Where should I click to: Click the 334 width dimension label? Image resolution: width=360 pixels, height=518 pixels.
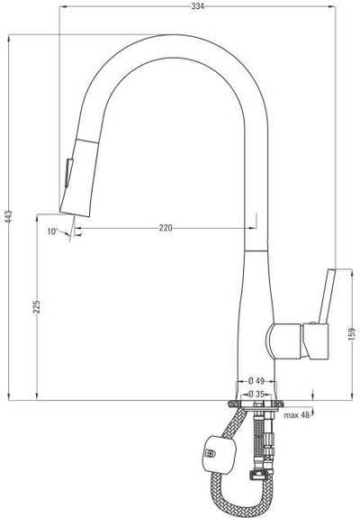tap(197, 6)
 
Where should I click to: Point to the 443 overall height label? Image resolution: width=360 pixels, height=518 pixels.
tap(9, 217)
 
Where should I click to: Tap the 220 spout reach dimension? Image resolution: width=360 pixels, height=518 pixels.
tap(166, 228)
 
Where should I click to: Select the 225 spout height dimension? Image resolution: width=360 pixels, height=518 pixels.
tap(37, 307)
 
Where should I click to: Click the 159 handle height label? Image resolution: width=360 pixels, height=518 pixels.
tap(352, 333)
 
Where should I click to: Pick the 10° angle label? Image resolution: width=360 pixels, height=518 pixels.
tap(52, 232)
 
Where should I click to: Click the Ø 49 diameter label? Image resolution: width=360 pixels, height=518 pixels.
tap(256, 381)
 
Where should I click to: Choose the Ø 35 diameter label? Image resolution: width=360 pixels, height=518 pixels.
tap(256, 394)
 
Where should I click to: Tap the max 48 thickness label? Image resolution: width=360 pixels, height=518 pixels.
tap(297, 415)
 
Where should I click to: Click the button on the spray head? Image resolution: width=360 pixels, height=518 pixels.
tap(69, 173)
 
